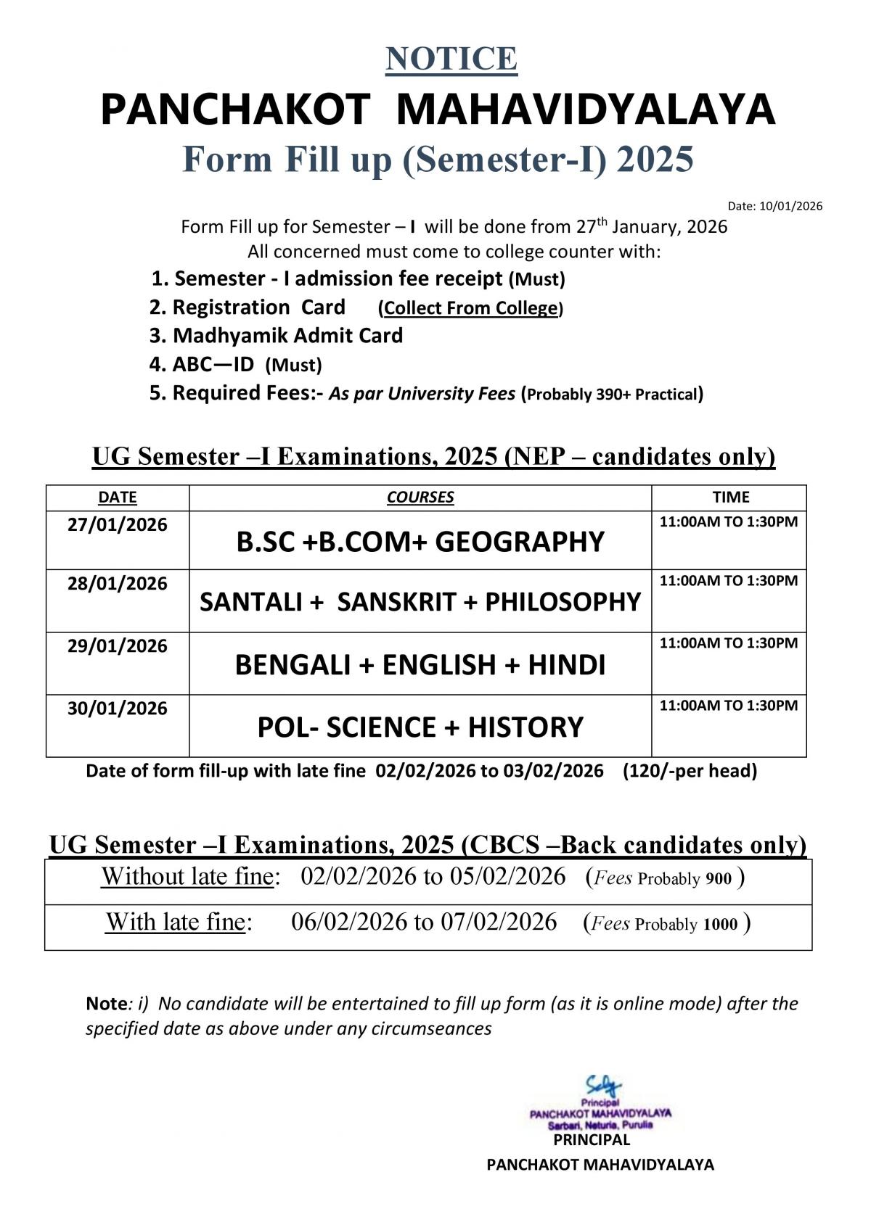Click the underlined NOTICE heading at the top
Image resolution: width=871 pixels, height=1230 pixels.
[x=451, y=59]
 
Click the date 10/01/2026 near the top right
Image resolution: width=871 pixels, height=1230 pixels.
[x=790, y=206]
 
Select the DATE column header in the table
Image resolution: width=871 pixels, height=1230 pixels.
[x=117, y=498]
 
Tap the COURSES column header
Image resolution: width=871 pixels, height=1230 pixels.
[x=420, y=498]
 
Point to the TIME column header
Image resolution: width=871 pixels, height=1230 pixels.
[x=730, y=498]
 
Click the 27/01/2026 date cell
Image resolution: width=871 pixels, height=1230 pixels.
[x=117, y=525]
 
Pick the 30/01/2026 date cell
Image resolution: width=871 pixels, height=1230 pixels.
[x=117, y=709]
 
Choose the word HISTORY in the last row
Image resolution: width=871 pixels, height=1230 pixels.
[x=525, y=727]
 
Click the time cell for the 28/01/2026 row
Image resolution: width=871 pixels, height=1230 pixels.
[x=728, y=581]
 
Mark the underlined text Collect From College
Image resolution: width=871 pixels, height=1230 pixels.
[x=471, y=308]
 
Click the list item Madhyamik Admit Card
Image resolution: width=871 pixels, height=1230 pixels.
[x=287, y=336]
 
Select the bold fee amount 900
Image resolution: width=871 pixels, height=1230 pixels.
[x=718, y=879]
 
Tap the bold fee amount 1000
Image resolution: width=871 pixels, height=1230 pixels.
[x=720, y=924]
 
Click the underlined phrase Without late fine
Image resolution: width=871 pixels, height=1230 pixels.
[x=188, y=877]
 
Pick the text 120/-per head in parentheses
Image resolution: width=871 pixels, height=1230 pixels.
[x=690, y=771]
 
